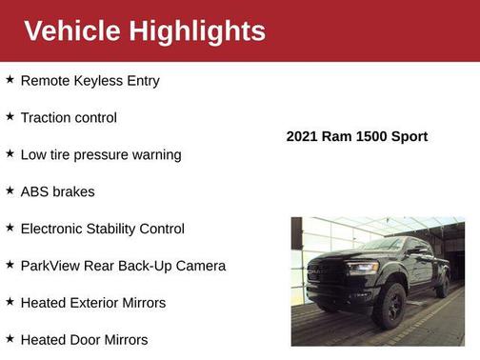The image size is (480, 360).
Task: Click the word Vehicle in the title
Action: pyautogui.click(x=72, y=30)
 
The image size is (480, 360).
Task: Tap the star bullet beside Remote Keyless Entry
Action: pyautogui.click(x=10, y=80)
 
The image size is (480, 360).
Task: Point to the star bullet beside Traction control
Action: pyautogui.click(x=10, y=116)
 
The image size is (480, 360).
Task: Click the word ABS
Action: pyautogui.click(x=35, y=191)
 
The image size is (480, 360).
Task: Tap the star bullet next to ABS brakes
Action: pyautogui.click(x=10, y=190)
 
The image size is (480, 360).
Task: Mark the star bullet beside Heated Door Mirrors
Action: pyautogui.click(x=10, y=338)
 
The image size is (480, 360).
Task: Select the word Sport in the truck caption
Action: pyautogui.click(x=408, y=137)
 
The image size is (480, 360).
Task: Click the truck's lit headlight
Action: pyautogui.click(x=363, y=269)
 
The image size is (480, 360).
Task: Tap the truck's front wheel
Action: pyautogui.click(x=390, y=304)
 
